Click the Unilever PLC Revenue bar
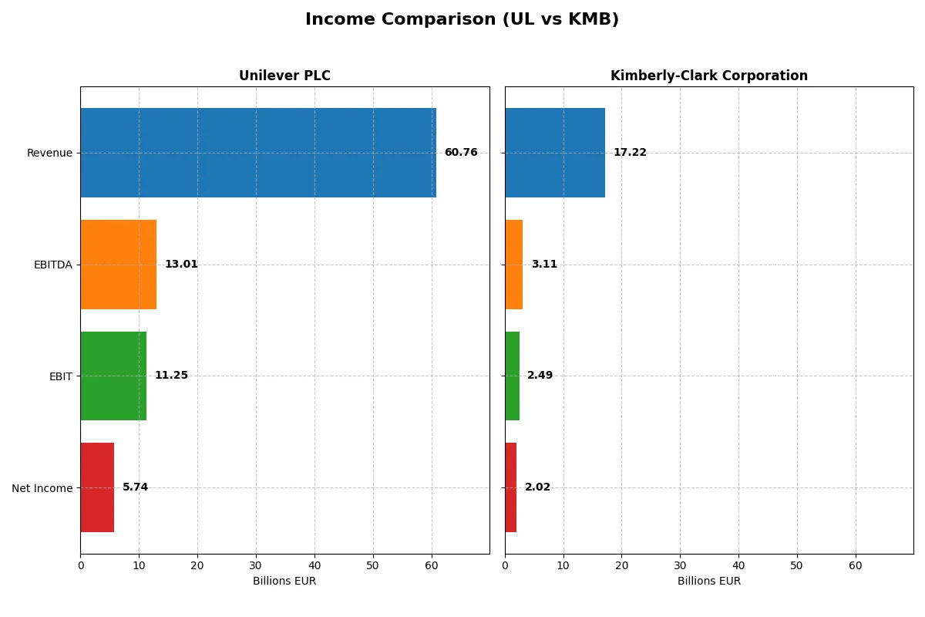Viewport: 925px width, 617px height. point(258,153)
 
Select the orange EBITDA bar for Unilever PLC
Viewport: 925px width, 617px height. point(119,265)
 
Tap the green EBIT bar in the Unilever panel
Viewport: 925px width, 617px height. point(113,376)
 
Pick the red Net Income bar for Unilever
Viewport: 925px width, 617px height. point(97,487)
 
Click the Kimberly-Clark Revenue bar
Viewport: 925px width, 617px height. point(555,153)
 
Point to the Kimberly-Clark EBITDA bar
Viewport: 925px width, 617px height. point(514,265)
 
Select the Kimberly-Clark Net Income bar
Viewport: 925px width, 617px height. point(511,487)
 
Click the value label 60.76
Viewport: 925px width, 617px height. point(461,153)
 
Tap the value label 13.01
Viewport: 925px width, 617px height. point(181,265)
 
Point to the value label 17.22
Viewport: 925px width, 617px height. point(630,153)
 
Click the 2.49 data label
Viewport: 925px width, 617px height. point(540,376)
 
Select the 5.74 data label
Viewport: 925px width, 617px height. point(136,487)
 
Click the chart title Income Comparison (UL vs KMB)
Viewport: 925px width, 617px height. point(462,19)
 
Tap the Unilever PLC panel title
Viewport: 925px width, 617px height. point(284,76)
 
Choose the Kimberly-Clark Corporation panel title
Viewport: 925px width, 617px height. point(709,76)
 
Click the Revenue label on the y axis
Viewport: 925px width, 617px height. point(49,153)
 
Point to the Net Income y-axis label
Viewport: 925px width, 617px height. point(42,488)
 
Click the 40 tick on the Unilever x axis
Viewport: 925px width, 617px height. point(314,565)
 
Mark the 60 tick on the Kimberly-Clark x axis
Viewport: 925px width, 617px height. point(856,565)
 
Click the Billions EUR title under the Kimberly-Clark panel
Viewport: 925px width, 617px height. point(709,581)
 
